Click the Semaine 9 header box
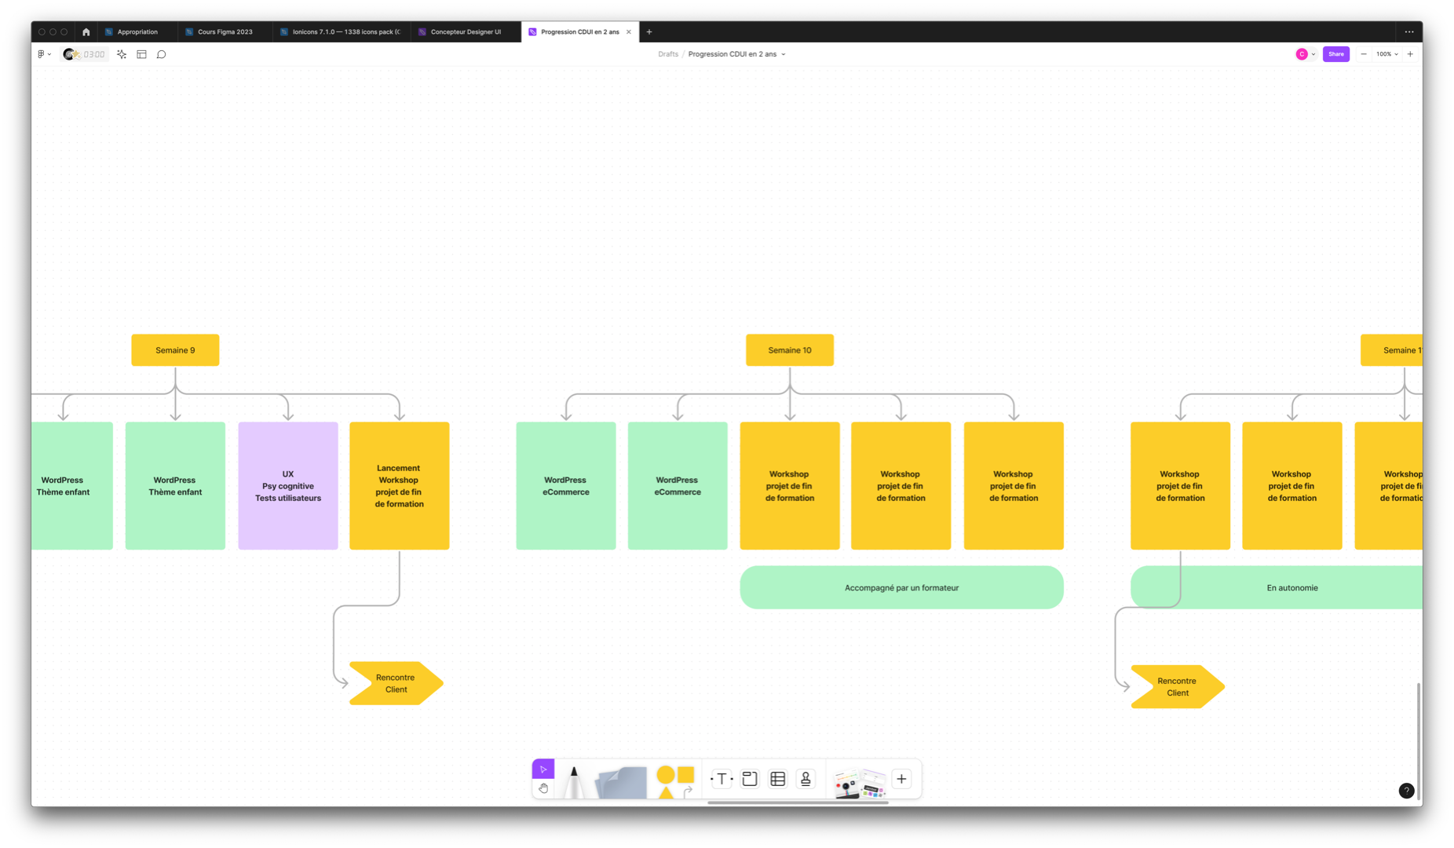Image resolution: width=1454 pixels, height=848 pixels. [x=175, y=350]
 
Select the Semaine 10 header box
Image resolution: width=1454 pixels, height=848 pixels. [x=789, y=350]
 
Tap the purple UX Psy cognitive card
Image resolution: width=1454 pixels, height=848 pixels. [x=288, y=486]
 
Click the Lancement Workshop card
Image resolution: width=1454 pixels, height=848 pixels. [x=399, y=486]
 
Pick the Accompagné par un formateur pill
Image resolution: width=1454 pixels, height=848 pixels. [x=901, y=587]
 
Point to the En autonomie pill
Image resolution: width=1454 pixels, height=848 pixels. [x=1291, y=587]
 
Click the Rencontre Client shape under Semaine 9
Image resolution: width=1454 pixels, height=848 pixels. [x=395, y=683]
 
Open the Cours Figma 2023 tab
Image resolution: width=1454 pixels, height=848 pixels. [x=225, y=32]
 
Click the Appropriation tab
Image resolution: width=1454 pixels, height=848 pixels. [x=137, y=32]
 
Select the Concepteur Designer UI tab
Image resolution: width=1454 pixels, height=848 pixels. [x=466, y=32]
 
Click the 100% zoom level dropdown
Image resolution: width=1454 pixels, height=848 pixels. [x=1386, y=54]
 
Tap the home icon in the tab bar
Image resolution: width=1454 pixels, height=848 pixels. [x=86, y=32]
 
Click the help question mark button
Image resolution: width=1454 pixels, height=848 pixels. [x=1406, y=791]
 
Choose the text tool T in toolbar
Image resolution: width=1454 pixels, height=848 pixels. [x=722, y=779]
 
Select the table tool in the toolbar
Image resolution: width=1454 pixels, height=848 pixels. [x=777, y=779]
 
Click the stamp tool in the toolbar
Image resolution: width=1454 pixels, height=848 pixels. [x=806, y=779]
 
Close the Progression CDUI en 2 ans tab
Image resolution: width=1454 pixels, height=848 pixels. [x=629, y=32]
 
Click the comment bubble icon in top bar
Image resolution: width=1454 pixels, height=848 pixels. [x=162, y=54]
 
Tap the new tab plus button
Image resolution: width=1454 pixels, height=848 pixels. [x=649, y=32]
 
